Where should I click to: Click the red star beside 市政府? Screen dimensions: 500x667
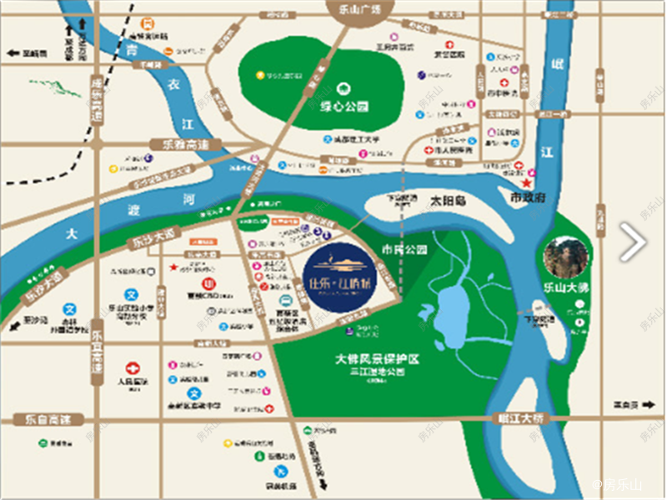coord(526,182)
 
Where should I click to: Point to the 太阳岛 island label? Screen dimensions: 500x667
coord(447,202)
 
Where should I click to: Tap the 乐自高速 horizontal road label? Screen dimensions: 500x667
coord(37,419)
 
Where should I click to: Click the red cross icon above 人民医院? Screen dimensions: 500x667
coord(133,367)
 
